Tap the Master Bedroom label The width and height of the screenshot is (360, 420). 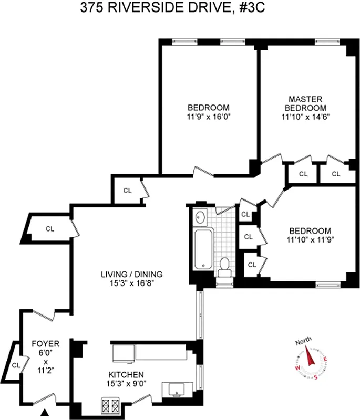coord(305,103)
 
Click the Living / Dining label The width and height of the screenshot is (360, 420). coord(132,274)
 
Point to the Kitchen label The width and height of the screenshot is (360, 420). coord(126,374)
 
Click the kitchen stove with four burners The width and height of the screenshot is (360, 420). coord(111,406)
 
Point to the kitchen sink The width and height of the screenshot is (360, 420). coord(177,389)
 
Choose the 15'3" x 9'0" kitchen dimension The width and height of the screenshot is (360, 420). coord(126,383)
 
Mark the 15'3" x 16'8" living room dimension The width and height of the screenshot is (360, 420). coord(132,283)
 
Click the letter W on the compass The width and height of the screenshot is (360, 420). coord(298,369)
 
